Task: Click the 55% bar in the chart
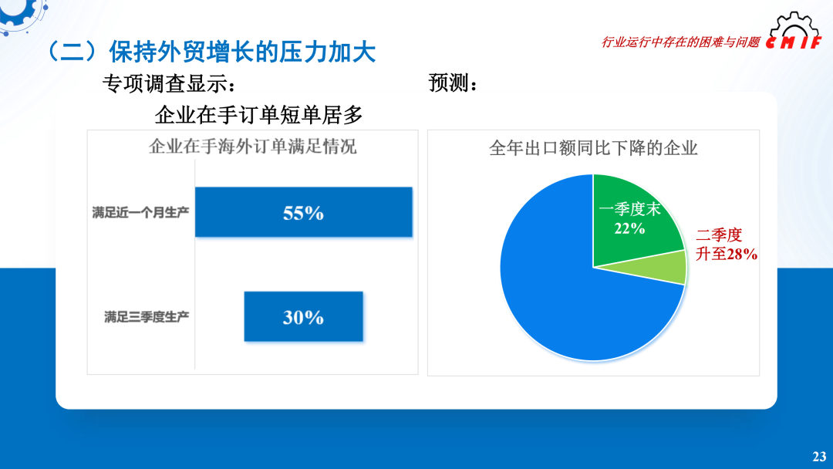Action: pos(303,212)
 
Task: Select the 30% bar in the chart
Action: pos(303,316)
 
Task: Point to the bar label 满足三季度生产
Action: pos(147,316)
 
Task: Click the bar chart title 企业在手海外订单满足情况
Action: pos(252,147)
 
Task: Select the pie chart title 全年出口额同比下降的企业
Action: pos(593,148)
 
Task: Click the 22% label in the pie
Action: pos(629,228)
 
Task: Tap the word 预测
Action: pos(449,83)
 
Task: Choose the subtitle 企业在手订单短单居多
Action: pos(258,116)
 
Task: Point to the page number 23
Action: pos(818,456)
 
